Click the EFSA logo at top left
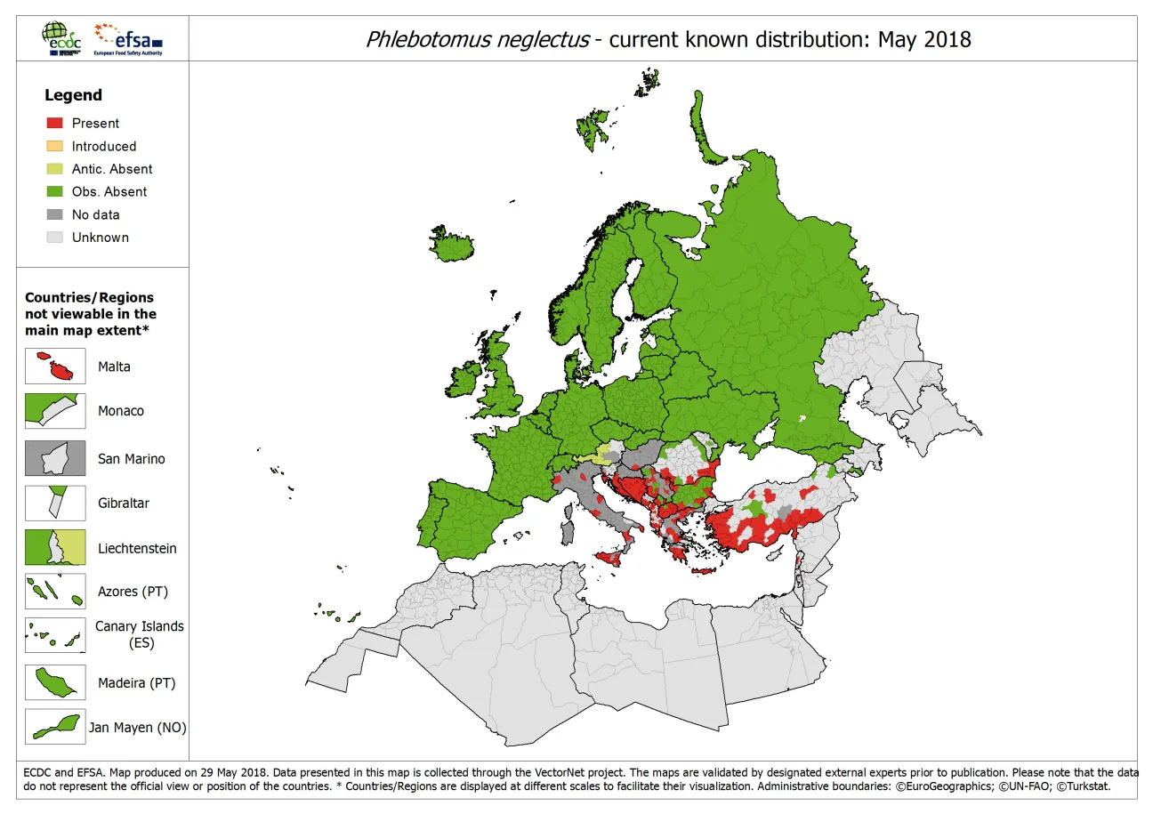coord(130,39)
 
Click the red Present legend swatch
coord(54,123)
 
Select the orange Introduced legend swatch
coord(54,146)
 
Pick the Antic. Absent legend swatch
coord(54,169)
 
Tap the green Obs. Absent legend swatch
coord(54,191)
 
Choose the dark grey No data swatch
coord(54,214)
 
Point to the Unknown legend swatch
coord(54,238)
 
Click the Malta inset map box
coord(55,367)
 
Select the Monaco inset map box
coord(55,411)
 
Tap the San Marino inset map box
coord(55,458)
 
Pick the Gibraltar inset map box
coord(55,503)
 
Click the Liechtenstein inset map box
coord(55,548)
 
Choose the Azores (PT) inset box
coord(55,592)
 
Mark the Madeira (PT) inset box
coord(55,683)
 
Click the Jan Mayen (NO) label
coord(137,728)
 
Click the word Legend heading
coord(73,95)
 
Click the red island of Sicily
coord(609,558)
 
